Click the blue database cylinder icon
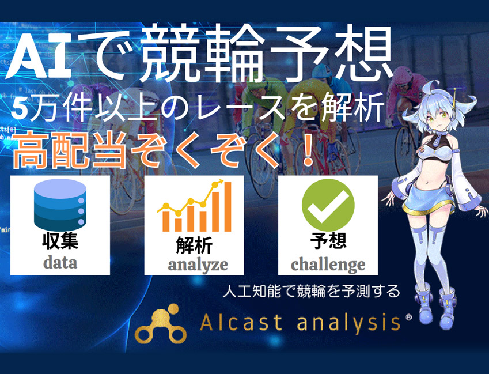tap(60, 205)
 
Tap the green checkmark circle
tap(328, 205)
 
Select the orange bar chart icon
tap(194, 206)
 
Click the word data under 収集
tap(60, 263)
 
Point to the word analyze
tap(198, 265)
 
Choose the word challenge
tap(328, 265)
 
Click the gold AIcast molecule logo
tap(161, 324)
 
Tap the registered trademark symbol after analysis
tap(408, 317)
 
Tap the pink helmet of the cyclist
tap(404, 76)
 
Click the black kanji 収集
tap(60, 241)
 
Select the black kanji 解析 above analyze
tap(194, 245)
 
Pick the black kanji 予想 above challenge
tap(328, 240)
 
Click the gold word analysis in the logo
tap(348, 323)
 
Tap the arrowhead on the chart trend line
tap(221, 181)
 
